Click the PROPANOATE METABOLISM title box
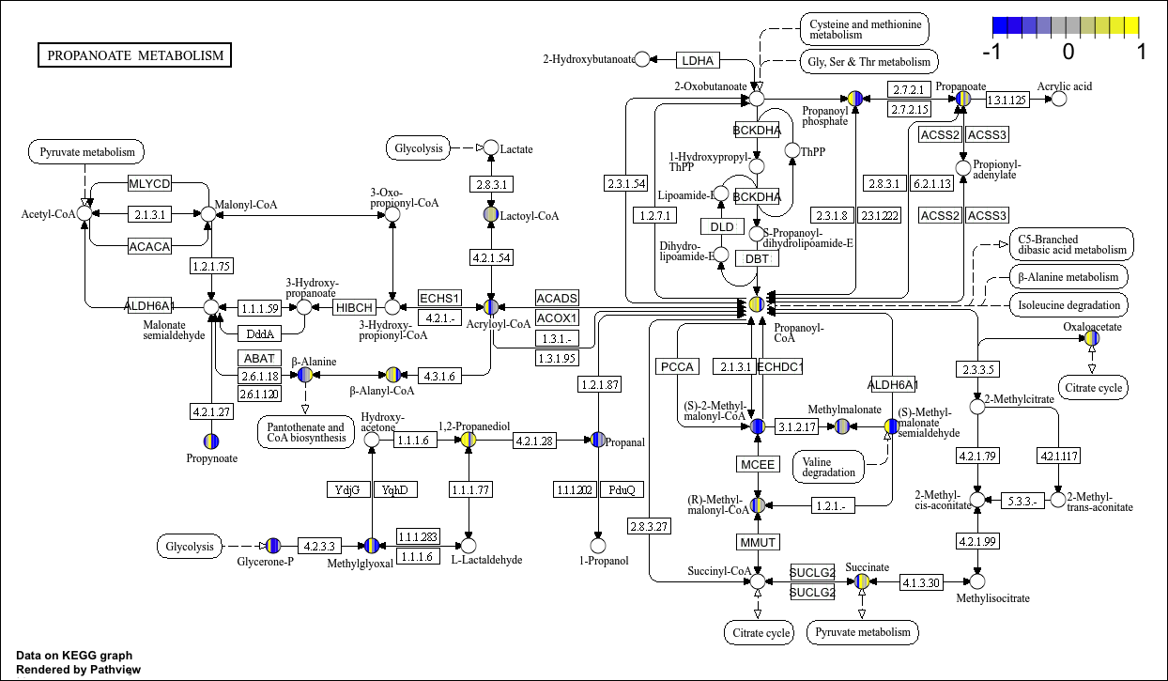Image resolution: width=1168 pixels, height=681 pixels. click(135, 55)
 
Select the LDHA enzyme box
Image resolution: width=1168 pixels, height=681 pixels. click(698, 60)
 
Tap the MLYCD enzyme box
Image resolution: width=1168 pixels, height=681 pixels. click(149, 183)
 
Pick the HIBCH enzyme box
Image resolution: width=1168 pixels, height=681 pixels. click(354, 307)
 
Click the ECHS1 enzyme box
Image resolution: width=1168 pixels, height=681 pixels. click(439, 298)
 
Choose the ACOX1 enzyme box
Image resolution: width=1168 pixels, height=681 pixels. click(557, 317)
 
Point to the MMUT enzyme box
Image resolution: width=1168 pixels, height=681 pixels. click(757, 542)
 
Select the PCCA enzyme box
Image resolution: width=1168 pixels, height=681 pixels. click(676, 366)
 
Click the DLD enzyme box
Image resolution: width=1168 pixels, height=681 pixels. click(721, 226)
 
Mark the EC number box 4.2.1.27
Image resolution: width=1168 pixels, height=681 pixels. click(211, 410)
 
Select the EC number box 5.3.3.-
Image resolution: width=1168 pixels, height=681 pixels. click(1022, 500)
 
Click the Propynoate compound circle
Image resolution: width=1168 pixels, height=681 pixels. click(211, 441)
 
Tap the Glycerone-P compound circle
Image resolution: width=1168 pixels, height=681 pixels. click(273, 545)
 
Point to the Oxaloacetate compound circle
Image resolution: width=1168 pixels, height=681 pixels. click(1092, 338)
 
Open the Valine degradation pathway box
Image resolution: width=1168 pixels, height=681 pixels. click(829, 465)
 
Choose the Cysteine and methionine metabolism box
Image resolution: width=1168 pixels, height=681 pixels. click(863, 27)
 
